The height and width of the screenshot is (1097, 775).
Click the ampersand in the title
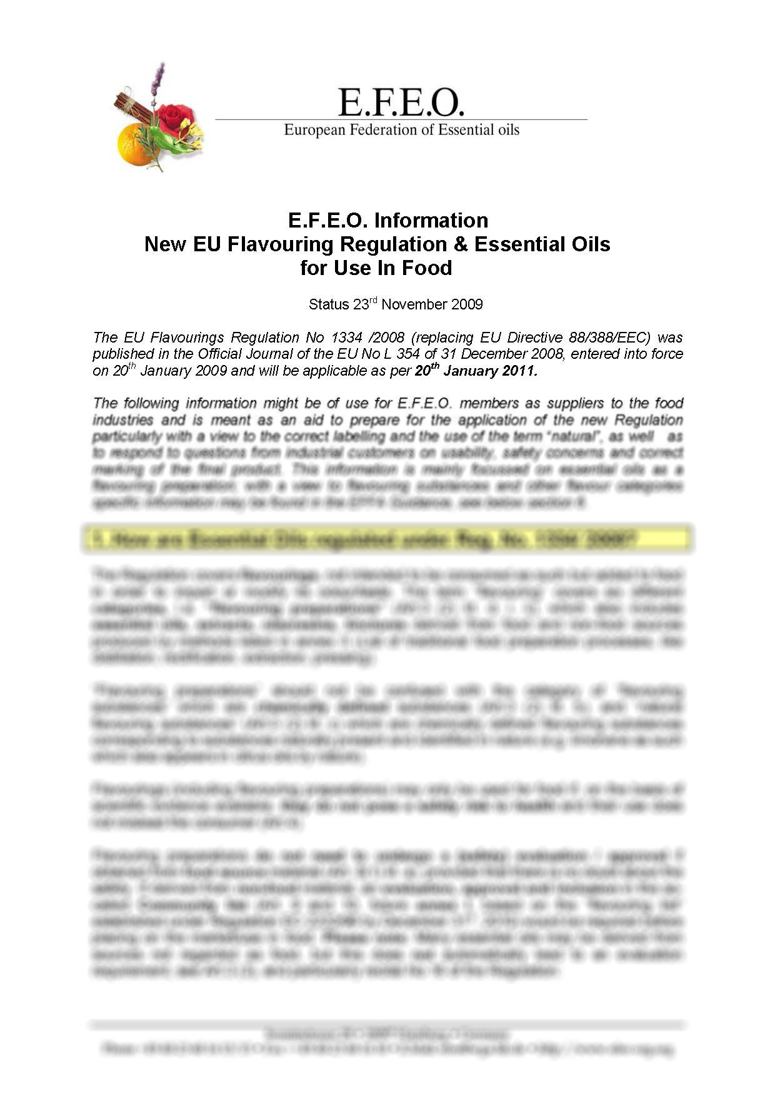(461, 244)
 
